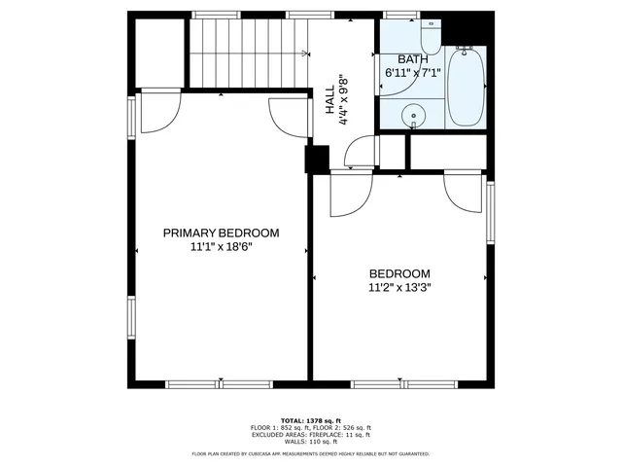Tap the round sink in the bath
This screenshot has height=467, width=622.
tap(415, 113)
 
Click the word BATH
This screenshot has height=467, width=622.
tap(412, 59)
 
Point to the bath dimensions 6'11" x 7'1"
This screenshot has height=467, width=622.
tap(412, 72)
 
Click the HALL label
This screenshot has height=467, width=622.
tap(329, 100)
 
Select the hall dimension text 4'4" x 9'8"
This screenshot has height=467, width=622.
tap(343, 100)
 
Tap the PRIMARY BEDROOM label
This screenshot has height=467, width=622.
tap(221, 233)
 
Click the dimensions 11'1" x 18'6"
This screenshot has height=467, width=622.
tap(221, 247)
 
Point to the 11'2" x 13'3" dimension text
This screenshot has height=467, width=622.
tap(398, 287)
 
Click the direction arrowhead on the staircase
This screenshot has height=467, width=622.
tap(305, 53)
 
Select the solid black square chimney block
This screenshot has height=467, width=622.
tap(317, 160)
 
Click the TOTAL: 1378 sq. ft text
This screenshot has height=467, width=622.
tap(310, 419)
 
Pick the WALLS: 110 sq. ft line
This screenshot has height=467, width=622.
tap(310, 443)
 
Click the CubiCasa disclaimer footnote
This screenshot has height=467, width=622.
tap(310, 453)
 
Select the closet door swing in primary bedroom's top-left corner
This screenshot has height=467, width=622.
tap(158, 110)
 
